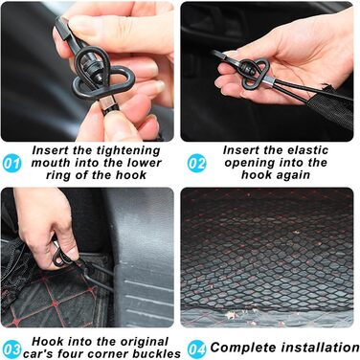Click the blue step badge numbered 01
[x=11, y=163]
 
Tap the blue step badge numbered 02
[x=196, y=163]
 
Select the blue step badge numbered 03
[x=11, y=349]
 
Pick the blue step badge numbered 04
[x=196, y=349]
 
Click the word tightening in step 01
[x=126, y=151]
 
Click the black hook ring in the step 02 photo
[x=256, y=75]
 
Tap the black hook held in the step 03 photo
[x=60, y=257]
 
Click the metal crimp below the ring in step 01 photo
[x=105, y=102]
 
